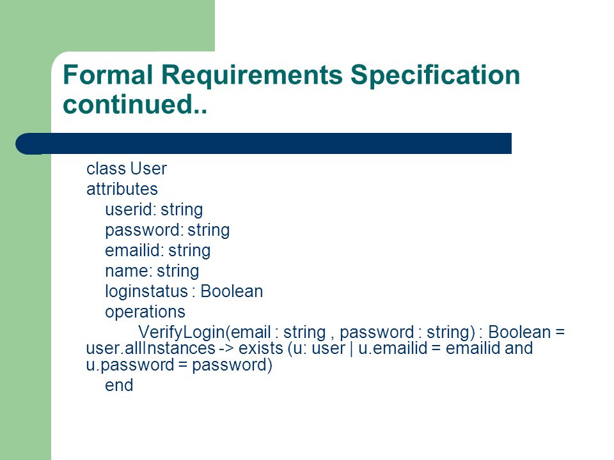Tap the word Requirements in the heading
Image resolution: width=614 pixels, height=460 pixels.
[x=252, y=75]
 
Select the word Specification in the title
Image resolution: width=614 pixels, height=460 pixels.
[x=435, y=75]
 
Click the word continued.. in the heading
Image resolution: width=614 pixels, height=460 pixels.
[x=135, y=104]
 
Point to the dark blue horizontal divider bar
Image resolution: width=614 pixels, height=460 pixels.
[x=264, y=144]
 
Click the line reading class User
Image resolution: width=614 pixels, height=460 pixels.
[x=127, y=169]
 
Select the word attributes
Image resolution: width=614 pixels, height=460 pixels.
[x=122, y=189]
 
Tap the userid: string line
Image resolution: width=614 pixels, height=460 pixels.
[x=154, y=210]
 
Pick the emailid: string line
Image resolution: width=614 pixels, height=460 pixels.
[x=158, y=250]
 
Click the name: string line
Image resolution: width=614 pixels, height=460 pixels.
[x=152, y=271]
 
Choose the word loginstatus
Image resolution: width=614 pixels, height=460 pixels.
[x=146, y=291]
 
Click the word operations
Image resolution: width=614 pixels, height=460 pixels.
[x=145, y=312]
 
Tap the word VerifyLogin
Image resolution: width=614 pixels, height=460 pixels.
[x=181, y=332]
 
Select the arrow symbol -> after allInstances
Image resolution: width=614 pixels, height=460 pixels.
[x=226, y=348]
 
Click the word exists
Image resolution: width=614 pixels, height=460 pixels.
[x=261, y=348]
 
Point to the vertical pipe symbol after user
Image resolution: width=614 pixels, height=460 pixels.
[x=351, y=348]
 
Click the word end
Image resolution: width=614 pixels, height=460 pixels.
[x=119, y=385]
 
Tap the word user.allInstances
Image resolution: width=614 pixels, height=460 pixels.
[x=151, y=348]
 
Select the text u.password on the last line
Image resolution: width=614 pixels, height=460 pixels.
[x=130, y=365]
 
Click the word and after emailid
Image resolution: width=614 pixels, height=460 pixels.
[x=519, y=348]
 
